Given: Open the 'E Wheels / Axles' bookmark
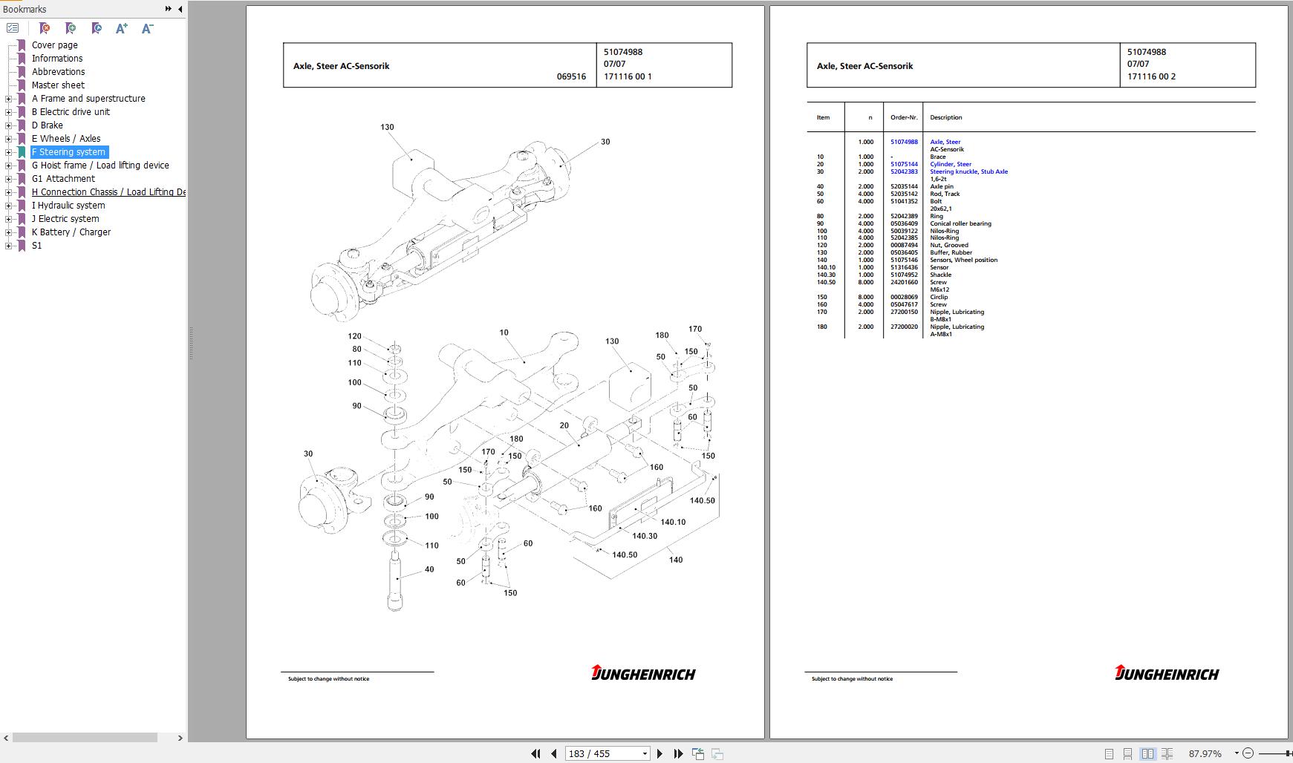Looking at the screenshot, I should (x=65, y=139).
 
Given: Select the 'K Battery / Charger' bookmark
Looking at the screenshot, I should (x=71, y=232).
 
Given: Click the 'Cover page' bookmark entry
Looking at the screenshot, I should (x=54, y=45).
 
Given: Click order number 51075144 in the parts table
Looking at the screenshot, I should (x=904, y=164).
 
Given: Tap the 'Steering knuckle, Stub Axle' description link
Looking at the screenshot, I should (x=968, y=171).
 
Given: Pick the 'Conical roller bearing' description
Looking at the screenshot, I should (x=960, y=223).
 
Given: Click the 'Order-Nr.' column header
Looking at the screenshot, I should (x=904, y=117).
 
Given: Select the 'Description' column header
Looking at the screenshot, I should (x=945, y=117).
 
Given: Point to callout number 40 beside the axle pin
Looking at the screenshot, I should (x=429, y=569).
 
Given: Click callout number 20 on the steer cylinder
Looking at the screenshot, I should (x=564, y=425).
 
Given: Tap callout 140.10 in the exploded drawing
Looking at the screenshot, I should (x=673, y=522).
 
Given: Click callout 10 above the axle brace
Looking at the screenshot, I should (x=504, y=333).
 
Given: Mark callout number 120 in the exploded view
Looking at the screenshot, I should (x=355, y=336).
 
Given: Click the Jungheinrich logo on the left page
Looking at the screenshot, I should (x=643, y=673).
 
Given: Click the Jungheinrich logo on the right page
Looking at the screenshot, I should (x=1167, y=673).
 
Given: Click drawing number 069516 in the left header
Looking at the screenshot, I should (x=571, y=76).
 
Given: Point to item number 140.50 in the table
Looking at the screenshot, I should (x=826, y=282).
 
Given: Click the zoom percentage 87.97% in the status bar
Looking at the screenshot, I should (x=1205, y=753).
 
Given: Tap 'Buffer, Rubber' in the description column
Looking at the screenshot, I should (x=951, y=252).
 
